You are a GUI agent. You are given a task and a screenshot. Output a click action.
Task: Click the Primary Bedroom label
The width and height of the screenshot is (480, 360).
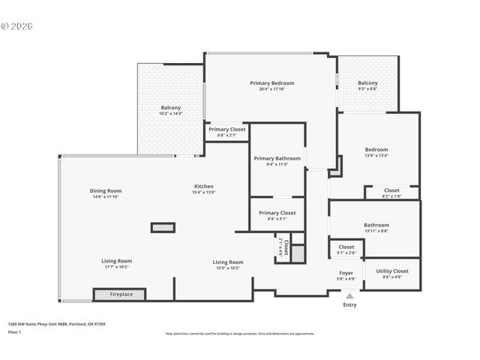point(271,82)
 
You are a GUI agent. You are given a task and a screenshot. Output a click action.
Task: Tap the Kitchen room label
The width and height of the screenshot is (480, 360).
point(204,186)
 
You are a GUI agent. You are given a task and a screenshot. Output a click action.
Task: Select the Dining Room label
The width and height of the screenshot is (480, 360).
point(106,190)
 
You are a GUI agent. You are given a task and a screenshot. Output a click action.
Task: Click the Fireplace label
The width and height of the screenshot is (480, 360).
point(121,294)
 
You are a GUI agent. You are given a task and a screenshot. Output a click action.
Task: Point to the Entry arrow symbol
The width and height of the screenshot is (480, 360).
point(349,297)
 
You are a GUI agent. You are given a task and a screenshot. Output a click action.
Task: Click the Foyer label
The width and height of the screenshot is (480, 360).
point(346,273)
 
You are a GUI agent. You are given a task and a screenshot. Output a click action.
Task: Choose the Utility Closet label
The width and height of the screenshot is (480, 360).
point(392,271)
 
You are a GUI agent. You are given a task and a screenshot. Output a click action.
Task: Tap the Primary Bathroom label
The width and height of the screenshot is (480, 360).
point(277,158)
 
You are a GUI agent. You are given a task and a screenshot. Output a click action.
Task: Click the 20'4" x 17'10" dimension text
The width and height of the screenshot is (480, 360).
point(271,89)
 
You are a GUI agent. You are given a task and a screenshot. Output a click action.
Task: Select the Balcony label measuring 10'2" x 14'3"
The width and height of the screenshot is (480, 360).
point(170,107)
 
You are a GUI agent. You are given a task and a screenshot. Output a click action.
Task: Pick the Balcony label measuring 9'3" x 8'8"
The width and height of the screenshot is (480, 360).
point(367,82)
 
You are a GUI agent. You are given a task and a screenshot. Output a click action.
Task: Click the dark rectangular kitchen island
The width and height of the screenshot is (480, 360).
point(163,227)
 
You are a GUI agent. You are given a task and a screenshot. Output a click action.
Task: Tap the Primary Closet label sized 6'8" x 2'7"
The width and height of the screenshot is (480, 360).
point(226,129)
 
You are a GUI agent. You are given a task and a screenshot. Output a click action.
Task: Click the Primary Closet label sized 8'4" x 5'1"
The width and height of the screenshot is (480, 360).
point(277,212)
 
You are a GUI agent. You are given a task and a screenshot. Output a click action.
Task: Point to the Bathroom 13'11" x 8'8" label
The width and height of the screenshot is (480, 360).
point(376,225)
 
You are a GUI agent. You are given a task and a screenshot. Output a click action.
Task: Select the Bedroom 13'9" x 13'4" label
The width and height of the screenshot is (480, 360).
point(376,149)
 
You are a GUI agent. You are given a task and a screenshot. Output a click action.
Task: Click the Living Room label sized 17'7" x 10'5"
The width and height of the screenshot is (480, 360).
point(116,261)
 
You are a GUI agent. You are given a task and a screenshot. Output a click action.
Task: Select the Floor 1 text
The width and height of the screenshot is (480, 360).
point(14,331)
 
